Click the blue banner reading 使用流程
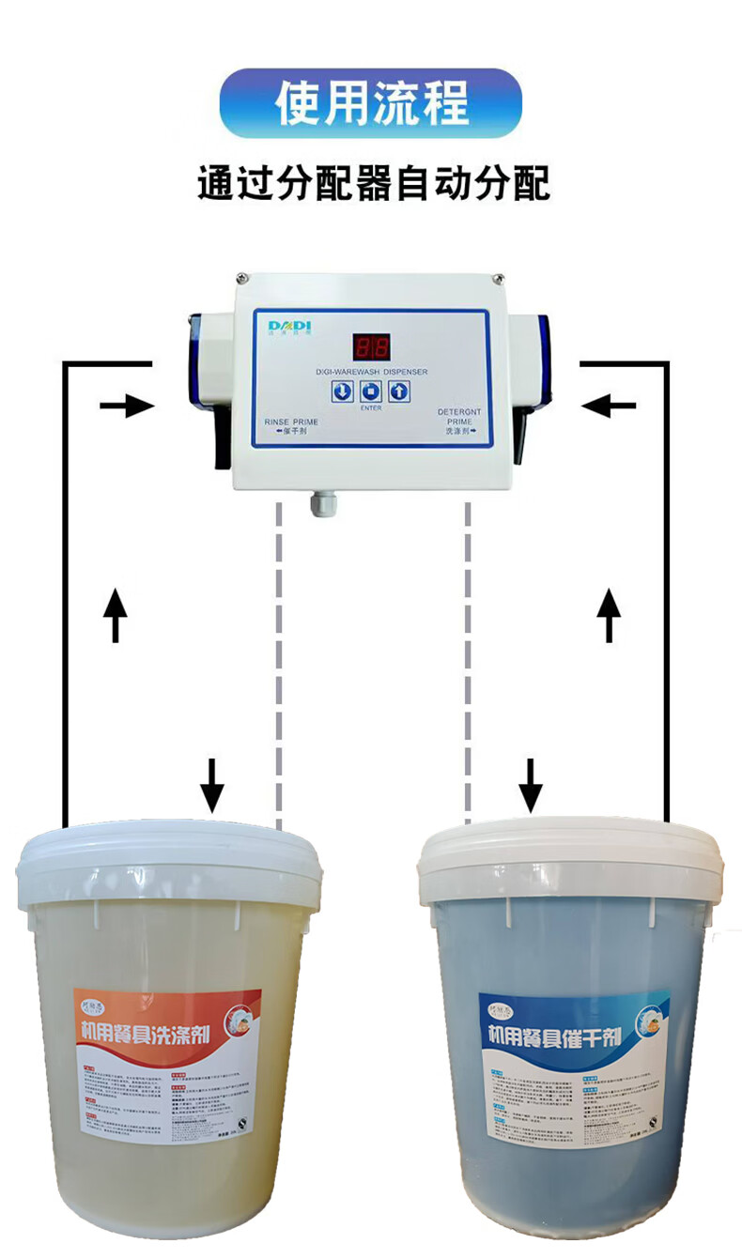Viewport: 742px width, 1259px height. (x=370, y=103)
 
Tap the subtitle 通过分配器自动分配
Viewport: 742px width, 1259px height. (x=373, y=182)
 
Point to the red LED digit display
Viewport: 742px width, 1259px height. (x=370, y=347)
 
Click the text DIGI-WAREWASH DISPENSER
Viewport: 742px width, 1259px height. (x=371, y=372)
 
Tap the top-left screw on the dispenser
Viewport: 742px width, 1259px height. (x=242, y=278)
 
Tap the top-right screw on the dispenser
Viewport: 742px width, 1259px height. (x=500, y=278)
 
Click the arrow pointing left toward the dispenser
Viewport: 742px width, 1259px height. (x=608, y=406)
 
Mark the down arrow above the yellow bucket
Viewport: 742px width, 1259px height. (x=213, y=783)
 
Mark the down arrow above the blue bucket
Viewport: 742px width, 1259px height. (x=532, y=783)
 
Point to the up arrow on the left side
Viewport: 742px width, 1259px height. (x=115, y=614)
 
